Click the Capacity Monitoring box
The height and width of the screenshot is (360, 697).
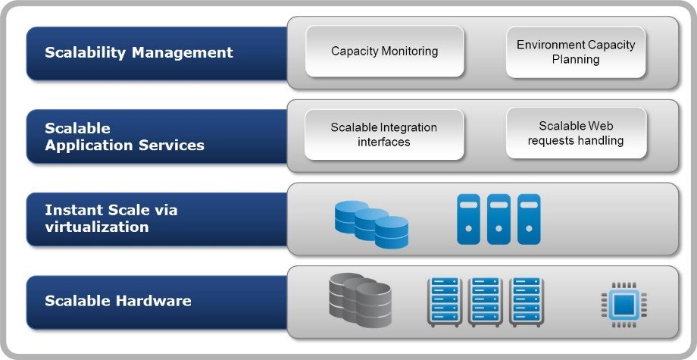pyautogui.click(x=384, y=52)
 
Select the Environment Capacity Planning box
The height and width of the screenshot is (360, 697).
pyautogui.click(x=576, y=52)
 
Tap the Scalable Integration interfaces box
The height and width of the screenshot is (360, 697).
pyautogui.click(x=384, y=135)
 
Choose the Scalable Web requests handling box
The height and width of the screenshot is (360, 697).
pyautogui.click(x=576, y=133)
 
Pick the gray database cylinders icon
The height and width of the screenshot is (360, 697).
pyautogui.click(x=361, y=301)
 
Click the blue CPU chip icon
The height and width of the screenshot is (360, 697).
pyautogui.click(x=624, y=304)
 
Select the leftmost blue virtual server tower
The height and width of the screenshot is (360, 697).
pyautogui.click(x=469, y=219)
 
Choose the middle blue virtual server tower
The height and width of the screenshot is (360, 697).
pyautogui.click(x=499, y=219)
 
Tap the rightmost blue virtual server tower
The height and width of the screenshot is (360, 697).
pyautogui.click(x=528, y=219)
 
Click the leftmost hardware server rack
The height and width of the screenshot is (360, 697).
pyautogui.click(x=445, y=302)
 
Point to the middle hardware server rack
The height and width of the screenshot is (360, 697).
pyautogui.click(x=486, y=302)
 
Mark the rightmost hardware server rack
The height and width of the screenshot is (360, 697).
pyautogui.click(x=527, y=302)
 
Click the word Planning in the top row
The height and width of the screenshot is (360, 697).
pyautogui.click(x=576, y=59)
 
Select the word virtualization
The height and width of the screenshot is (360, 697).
pyautogui.click(x=96, y=227)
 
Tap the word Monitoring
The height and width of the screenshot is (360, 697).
pyautogui.click(x=412, y=52)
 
